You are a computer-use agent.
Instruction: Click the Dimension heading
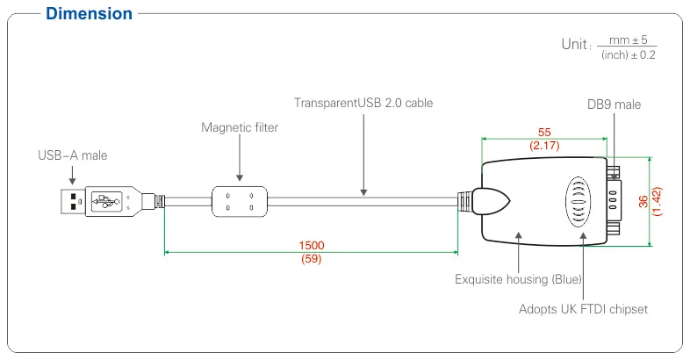tap(89, 14)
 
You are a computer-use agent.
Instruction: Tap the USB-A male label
tap(72, 156)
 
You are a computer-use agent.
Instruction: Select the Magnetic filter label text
tap(240, 127)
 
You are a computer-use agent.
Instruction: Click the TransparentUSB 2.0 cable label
tap(363, 103)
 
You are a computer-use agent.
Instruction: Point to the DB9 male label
tap(614, 104)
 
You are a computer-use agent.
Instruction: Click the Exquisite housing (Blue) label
tap(519, 280)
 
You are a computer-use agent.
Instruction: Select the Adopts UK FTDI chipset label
tap(583, 309)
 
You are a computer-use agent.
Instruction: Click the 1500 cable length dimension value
tap(311, 245)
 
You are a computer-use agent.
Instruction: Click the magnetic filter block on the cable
tap(238, 200)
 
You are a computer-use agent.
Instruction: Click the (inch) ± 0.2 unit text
tap(629, 55)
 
